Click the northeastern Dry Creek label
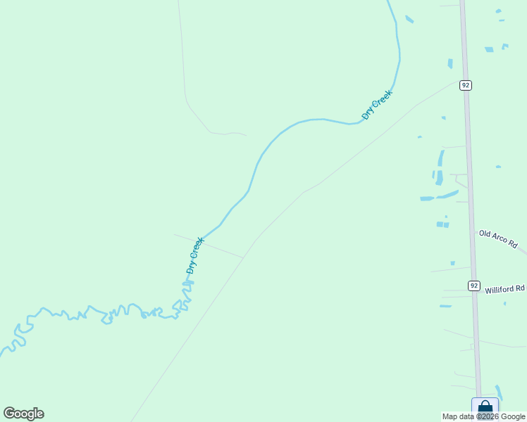click(x=376, y=104)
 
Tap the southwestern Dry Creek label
click(x=195, y=255)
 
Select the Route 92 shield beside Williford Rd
click(x=473, y=286)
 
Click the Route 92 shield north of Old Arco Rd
click(x=465, y=85)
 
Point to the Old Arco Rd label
click(x=498, y=238)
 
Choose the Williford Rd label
click(x=505, y=289)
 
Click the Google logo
click(x=23, y=414)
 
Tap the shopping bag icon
click(x=485, y=408)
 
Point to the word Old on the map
click(x=485, y=234)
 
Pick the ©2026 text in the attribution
click(x=488, y=417)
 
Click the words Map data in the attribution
click(x=459, y=417)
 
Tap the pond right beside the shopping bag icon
click(x=499, y=392)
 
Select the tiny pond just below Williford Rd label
click(x=445, y=306)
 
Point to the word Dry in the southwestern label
click(x=190, y=267)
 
